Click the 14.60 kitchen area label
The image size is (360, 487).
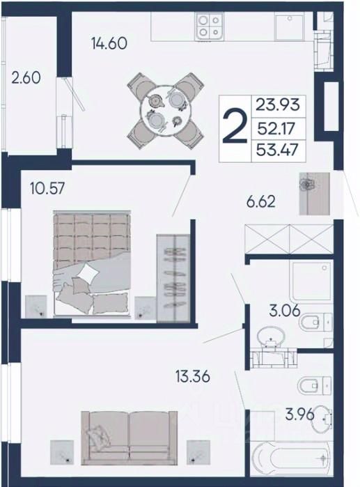109,43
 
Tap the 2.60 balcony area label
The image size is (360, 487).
26,77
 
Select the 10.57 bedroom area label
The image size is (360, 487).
47,188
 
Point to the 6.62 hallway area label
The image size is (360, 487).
260,202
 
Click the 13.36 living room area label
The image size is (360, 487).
193,376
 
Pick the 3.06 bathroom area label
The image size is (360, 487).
285,310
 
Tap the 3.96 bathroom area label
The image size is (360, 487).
300,415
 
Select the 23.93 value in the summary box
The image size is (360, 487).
278,105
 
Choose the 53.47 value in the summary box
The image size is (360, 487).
277,150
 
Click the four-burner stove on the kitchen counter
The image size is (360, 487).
209,26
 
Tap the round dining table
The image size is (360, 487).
166,111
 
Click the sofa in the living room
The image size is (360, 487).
130,438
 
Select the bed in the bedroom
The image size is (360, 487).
92,263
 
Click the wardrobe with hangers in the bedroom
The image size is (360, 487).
173,278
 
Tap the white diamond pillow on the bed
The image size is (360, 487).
88,273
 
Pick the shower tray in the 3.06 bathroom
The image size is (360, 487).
311,279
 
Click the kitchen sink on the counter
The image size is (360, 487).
289,27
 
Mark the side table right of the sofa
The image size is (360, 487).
198,453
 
